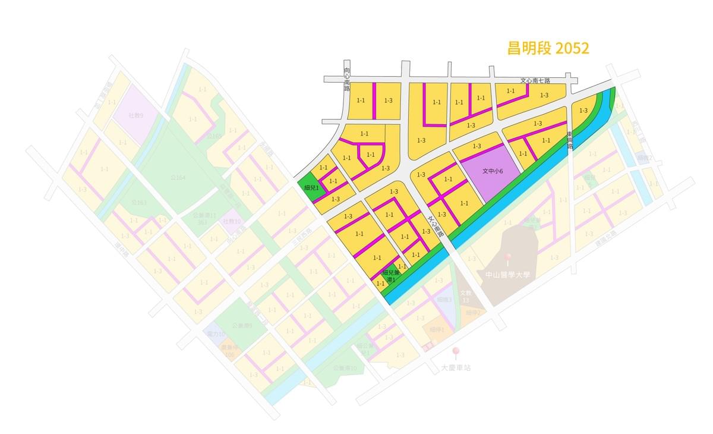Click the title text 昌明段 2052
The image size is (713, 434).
tap(548, 48)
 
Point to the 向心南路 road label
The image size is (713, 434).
tap(347, 78)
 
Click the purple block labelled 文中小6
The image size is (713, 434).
tap(493, 171)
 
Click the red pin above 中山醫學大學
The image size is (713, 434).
tap(507, 258)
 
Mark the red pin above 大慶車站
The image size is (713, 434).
tap(456, 351)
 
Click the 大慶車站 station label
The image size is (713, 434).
tap(456, 367)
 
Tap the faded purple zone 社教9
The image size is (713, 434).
tap(135, 115)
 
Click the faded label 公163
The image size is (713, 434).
tap(138, 203)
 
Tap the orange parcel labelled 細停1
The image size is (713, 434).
tap(436, 329)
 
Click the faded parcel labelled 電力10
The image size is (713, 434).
tap(216, 335)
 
